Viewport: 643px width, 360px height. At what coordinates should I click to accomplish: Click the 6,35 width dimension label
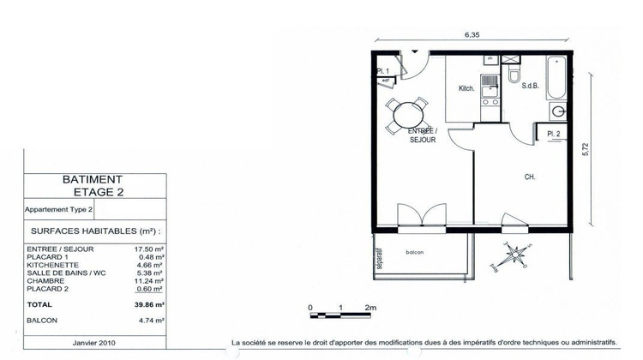click(471, 35)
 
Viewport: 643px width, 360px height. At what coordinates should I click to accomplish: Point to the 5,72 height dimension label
click(586, 148)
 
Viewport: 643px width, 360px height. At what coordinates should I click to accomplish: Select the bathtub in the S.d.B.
click(554, 78)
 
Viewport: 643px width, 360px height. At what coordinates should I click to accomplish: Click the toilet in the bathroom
click(514, 78)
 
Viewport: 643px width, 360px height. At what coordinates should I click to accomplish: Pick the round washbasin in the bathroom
click(558, 111)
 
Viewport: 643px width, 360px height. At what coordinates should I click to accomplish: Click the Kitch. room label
click(466, 89)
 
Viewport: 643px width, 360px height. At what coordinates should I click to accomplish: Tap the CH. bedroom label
click(531, 177)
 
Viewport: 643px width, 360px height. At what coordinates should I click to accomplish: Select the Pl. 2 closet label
click(552, 135)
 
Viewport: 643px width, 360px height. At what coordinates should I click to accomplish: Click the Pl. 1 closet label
click(383, 71)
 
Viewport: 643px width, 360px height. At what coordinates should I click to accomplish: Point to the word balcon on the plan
click(414, 253)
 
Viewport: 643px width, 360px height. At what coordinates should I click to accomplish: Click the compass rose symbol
click(515, 255)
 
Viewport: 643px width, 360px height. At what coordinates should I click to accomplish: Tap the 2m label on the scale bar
click(370, 306)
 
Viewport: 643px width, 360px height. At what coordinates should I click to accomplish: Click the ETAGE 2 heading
click(93, 193)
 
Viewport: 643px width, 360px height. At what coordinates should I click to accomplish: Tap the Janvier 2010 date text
click(94, 342)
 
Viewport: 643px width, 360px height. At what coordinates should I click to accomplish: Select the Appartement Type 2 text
click(58, 208)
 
